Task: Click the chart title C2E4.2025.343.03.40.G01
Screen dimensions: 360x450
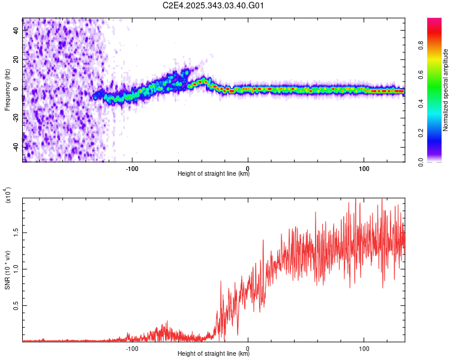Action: tap(214, 6)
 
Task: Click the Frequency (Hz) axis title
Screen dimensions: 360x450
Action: tap(8, 90)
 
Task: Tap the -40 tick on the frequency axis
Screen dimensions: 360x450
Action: tap(15, 146)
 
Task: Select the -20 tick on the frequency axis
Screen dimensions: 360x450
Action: tap(15, 118)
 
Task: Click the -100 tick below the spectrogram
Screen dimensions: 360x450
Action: tap(132, 167)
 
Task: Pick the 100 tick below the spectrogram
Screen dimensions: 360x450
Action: tap(364, 167)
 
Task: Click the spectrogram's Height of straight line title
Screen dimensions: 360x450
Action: tap(214, 174)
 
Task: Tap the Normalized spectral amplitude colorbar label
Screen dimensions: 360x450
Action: tap(446, 90)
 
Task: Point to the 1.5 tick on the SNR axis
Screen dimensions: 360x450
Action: tap(16, 232)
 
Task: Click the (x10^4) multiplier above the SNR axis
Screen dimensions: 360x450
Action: tap(8, 195)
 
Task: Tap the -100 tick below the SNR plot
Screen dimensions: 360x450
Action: tap(132, 347)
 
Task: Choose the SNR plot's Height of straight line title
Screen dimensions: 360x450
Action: tap(214, 354)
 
